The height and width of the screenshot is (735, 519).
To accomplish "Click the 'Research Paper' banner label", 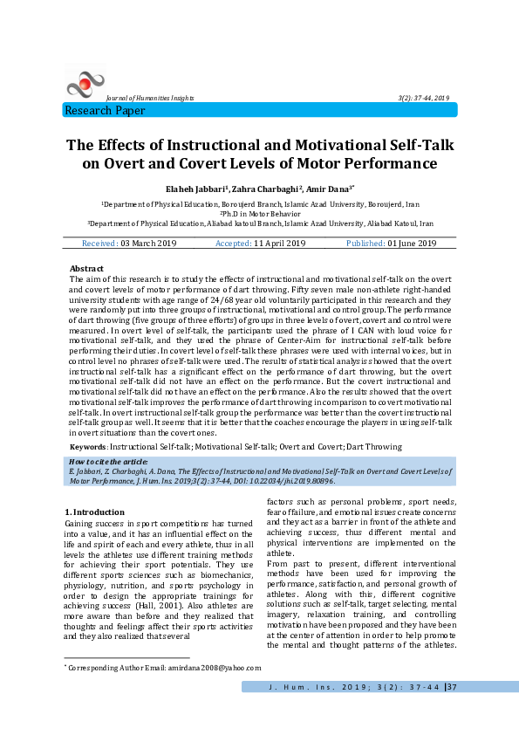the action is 106,111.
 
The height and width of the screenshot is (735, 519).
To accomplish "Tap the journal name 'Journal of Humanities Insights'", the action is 149,98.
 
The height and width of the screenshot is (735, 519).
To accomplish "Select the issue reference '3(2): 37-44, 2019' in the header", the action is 424,98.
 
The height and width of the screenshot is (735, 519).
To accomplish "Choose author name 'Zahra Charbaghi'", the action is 266,189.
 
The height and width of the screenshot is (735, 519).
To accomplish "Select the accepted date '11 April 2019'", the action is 273,243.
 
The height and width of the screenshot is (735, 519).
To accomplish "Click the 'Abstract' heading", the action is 86,269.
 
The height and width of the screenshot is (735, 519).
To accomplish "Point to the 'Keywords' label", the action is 88,446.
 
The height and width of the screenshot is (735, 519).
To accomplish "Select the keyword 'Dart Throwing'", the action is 374,446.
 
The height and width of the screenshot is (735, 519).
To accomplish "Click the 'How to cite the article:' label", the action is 107,461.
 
